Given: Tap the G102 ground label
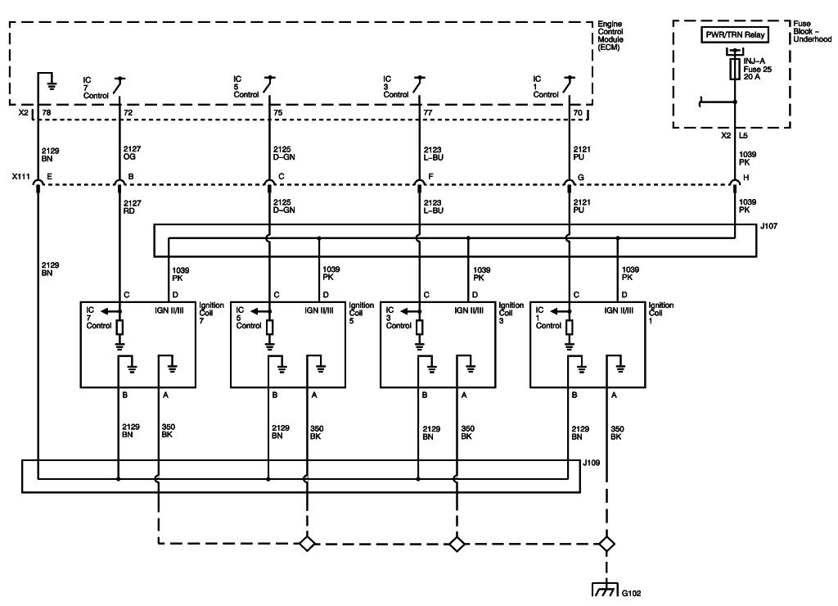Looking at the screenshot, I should pyautogui.click(x=632, y=594).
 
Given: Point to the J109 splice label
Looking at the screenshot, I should pyautogui.click(x=592, y=464).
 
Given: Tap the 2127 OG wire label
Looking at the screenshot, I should pyautogui.click(x=132, y=153).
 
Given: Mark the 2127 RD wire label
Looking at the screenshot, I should pyautogui.click(x=132, y=207).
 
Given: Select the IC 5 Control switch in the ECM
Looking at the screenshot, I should pyautogui.click(x=269, y=84).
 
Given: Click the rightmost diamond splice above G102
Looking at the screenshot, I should pyautogui.click(x=606, y=543).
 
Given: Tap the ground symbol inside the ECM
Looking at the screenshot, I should pyautogui.click(x=52, y=79).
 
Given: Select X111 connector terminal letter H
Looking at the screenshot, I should pyautogui.click(x=745, y=176).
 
